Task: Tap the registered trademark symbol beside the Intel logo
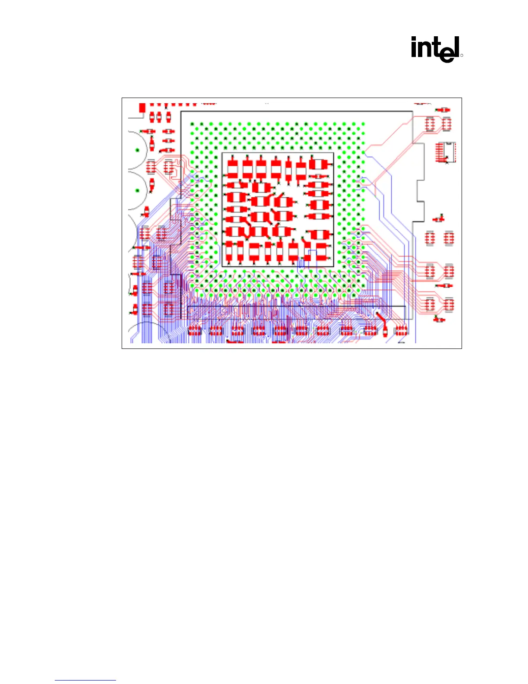pyautogui.click(x=461, y=56)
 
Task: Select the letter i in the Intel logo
pyautogui.click(x=414, y=47)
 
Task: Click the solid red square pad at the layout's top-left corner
pyautogui.click(x=142, y=108)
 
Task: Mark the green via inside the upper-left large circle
pyautogui.click(x=138, y=150)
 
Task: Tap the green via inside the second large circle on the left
pyautogui.click(x=138, y=190)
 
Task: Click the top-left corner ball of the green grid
pyautogui.click(x=192, y=125)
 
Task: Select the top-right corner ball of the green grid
pyautogui.click(x=363, y=125)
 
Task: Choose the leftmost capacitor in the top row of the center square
pyautogui.click(x=232, y=168)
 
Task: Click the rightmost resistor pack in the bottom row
pyautogui.click(x=401, y=331)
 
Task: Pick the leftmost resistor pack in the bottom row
pyautogui.click(x=195, y=331)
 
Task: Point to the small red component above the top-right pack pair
pyautogui.click(x=443, y=110)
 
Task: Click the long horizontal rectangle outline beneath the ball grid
pyautogui.click(x=296, y=307)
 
